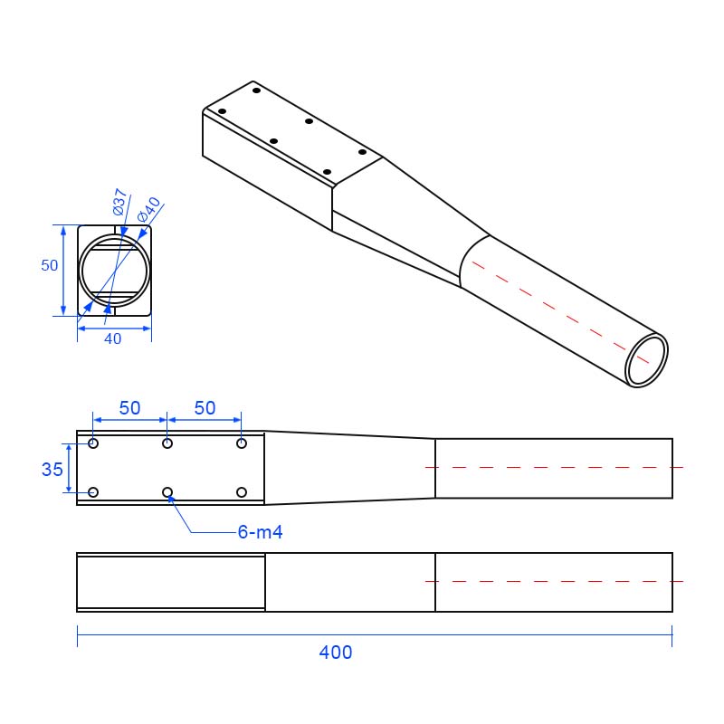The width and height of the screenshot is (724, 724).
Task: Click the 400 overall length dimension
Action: (x=336, y=652)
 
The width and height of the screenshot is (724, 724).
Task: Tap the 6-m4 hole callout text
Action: (x=260, y=532)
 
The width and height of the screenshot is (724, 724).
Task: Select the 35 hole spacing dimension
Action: (x=52, y=469)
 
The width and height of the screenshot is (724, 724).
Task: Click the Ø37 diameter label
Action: (x=119, y=202)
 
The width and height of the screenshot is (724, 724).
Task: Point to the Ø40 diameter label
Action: (x=149, y=209)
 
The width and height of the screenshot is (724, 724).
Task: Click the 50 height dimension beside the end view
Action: (x=50, y=265)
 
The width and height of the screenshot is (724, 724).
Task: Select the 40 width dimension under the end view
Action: (x=112, y=338)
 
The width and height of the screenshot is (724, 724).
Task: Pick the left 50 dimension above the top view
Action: (x=129, y=408)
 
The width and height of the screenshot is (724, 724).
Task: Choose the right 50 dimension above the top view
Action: (x=205, y=408)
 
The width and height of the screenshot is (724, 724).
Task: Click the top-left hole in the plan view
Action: (x=93, y=443)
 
